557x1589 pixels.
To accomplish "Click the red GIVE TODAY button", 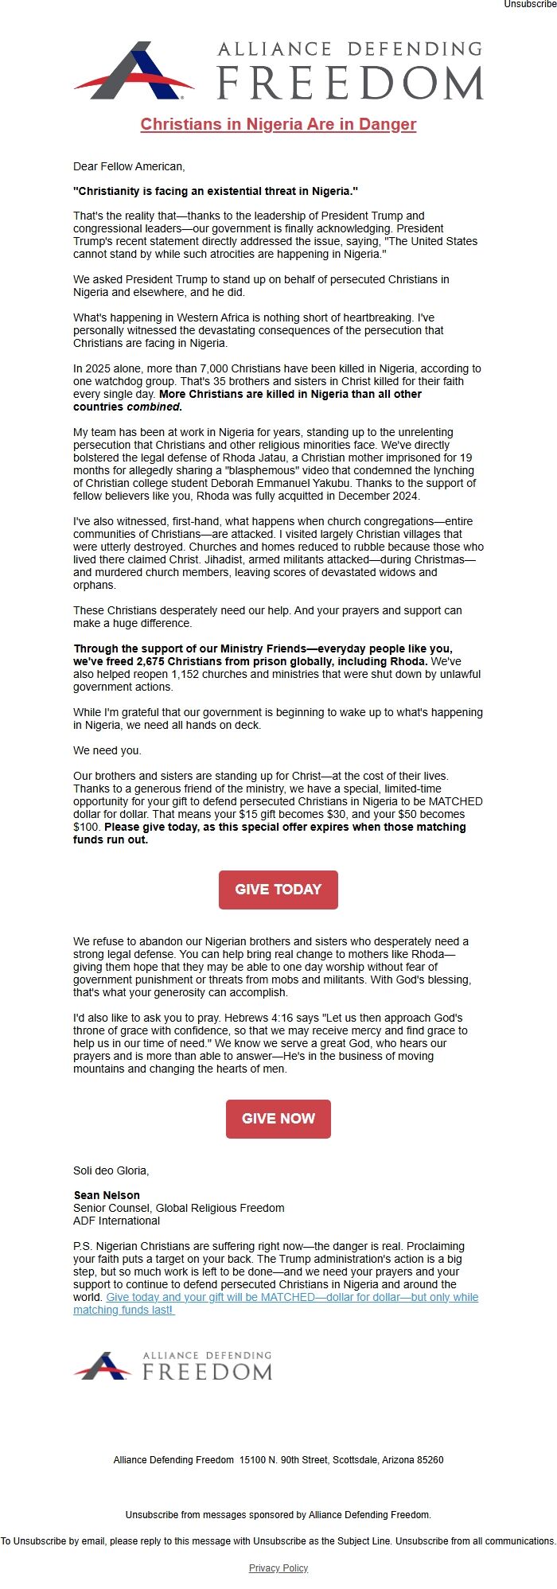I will tap(278, 890).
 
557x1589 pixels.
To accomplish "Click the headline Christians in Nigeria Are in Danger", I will tap(278, 124).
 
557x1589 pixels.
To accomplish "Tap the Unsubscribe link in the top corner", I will tap(530, 5).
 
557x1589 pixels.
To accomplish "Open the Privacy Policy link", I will tap(278, 1568).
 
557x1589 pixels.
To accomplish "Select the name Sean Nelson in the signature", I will tap(107, 1195).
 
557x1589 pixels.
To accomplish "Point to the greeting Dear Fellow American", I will tap(129, 166).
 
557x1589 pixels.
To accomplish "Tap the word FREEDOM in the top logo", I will tap(350, 84).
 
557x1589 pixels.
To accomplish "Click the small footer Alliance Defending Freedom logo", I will tap(173, 1365).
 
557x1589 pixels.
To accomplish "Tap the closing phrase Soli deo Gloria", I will tap(111, 1170).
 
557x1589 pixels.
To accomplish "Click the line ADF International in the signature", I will tap(116, 1221).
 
